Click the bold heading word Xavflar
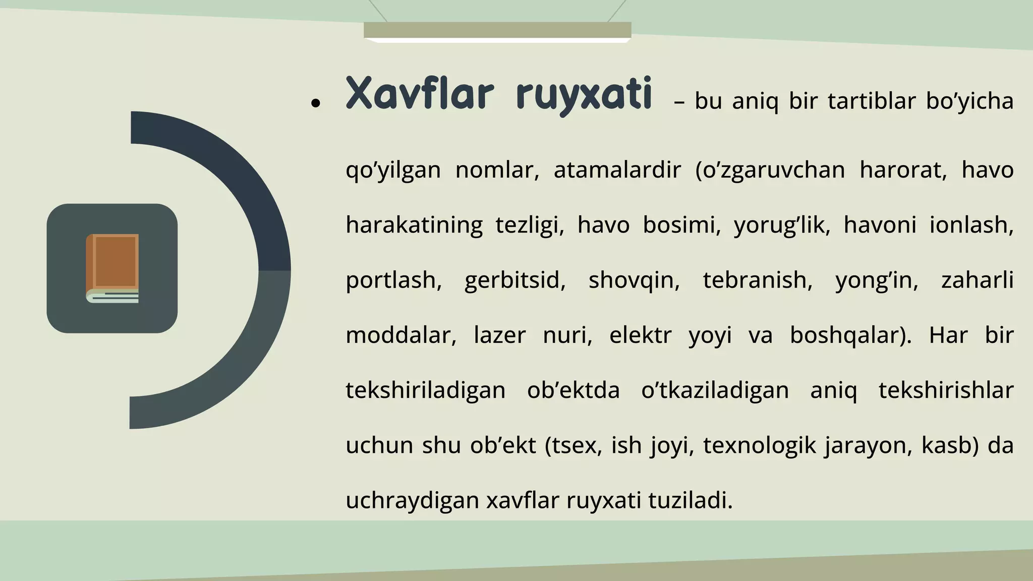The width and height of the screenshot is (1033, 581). pyautogui.click(x=419, y=94)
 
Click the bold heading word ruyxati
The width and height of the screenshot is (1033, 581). pyautogui.click(x=584, y=95)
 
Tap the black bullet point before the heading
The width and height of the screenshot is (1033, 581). pyautogui.click(x=316, y=103)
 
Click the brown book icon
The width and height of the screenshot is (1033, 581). pyautogui.click(x=112, y=268)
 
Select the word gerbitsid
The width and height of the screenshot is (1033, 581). pyautogui.click(x=514, y=280)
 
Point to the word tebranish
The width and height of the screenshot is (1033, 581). pyautogui.click(x=757, y=280)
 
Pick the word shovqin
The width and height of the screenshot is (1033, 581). pyautogui.click(x=634, y=280)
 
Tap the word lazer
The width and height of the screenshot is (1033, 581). pyautogui.click(x=499, y=335)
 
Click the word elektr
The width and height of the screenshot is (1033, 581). pyautogui.click(x=640, y=335)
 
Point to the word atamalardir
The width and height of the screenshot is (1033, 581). pyautogui.click(x=617, y=170)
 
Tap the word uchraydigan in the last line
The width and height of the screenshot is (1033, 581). pyautogui.click(x=412, y=501)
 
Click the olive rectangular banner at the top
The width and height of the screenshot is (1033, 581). pyautogui.click(x=497, y=30)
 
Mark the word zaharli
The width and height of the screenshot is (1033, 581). pyautogui.click(x=977, y=280)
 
